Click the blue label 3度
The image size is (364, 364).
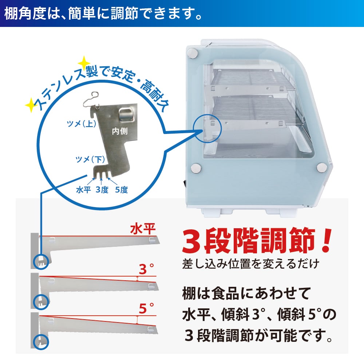pos(102,190)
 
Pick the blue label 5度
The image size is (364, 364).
pos(121,190)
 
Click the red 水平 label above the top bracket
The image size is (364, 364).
pos(143,229)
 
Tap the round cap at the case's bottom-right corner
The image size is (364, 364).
pos(322,167)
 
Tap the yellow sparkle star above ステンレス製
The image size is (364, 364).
pos(83,62)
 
